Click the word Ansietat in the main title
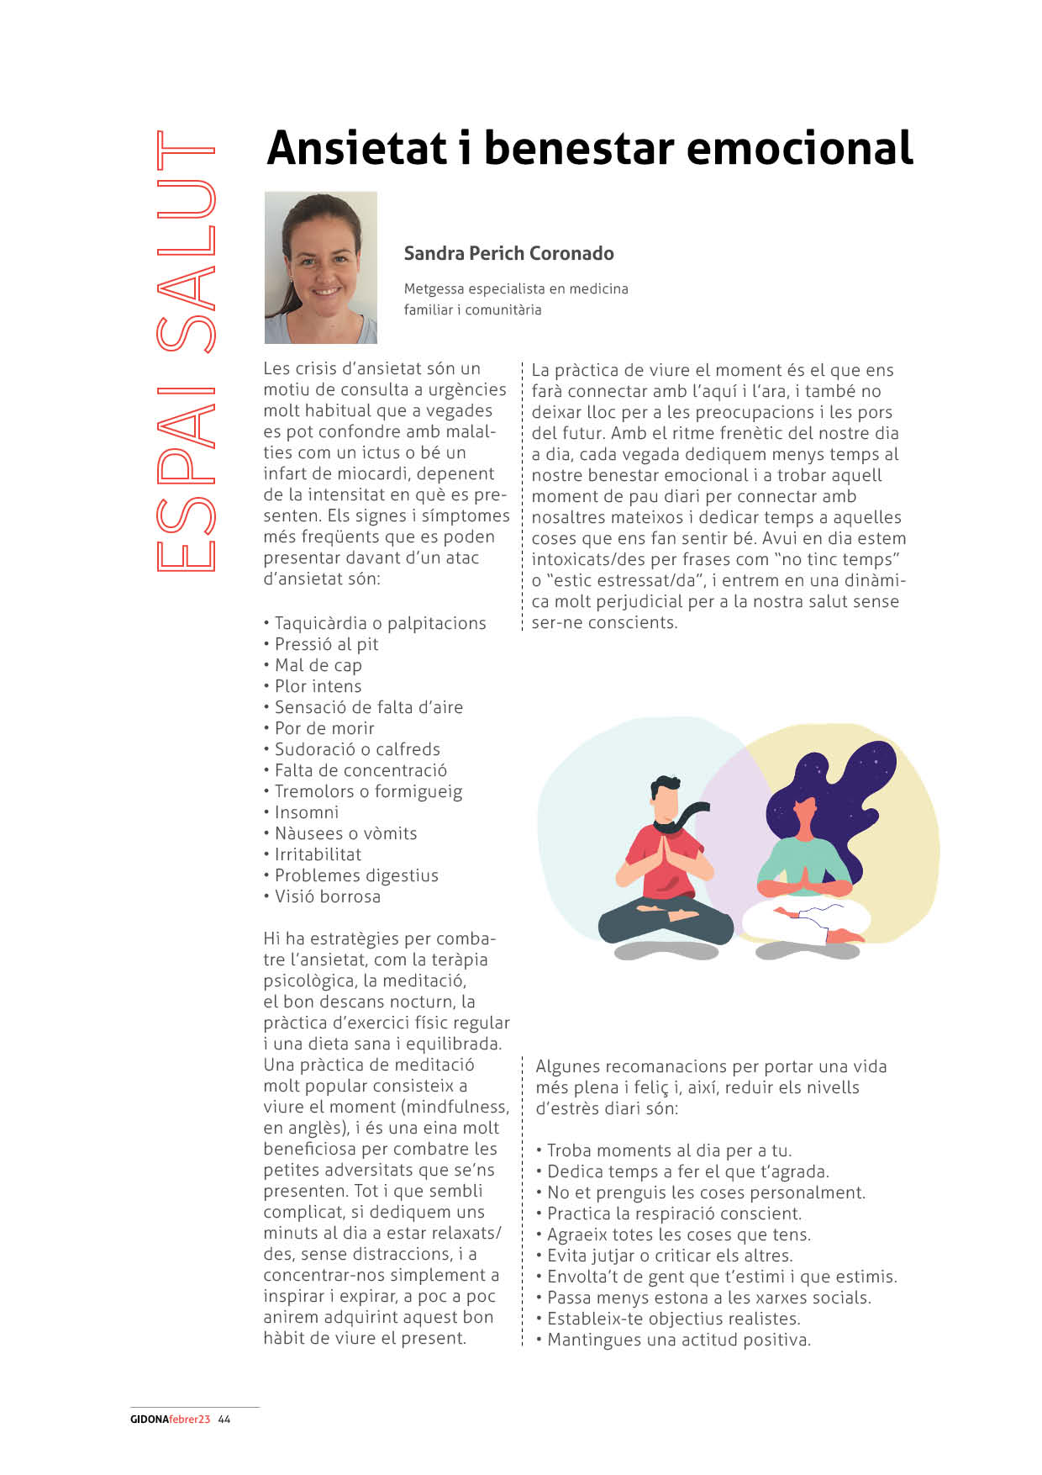tap(357, 148)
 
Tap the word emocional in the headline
tap(799, 148)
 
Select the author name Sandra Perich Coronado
tap(508, 253)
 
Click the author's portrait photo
tap(321, 267)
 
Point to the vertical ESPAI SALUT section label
tap(186, 352)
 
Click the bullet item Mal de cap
tap(318, 665)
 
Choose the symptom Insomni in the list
tap(307, 812)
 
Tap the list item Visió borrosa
tap(328, 896)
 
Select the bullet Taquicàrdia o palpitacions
tap(380, 623)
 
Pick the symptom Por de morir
tap(324, 728)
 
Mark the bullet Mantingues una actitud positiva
tap(679, 1340)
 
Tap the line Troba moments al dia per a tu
tap(669, 1150)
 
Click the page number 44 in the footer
tap(224, 1419)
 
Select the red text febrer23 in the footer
tap(189, 1419)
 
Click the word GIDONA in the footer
tap(149, 1419)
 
